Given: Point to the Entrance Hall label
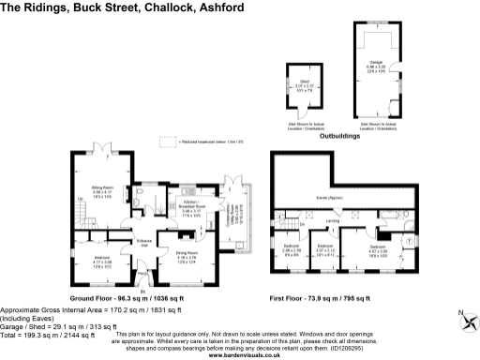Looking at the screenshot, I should [143, 243].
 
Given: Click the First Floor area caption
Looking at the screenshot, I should [332, 296].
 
